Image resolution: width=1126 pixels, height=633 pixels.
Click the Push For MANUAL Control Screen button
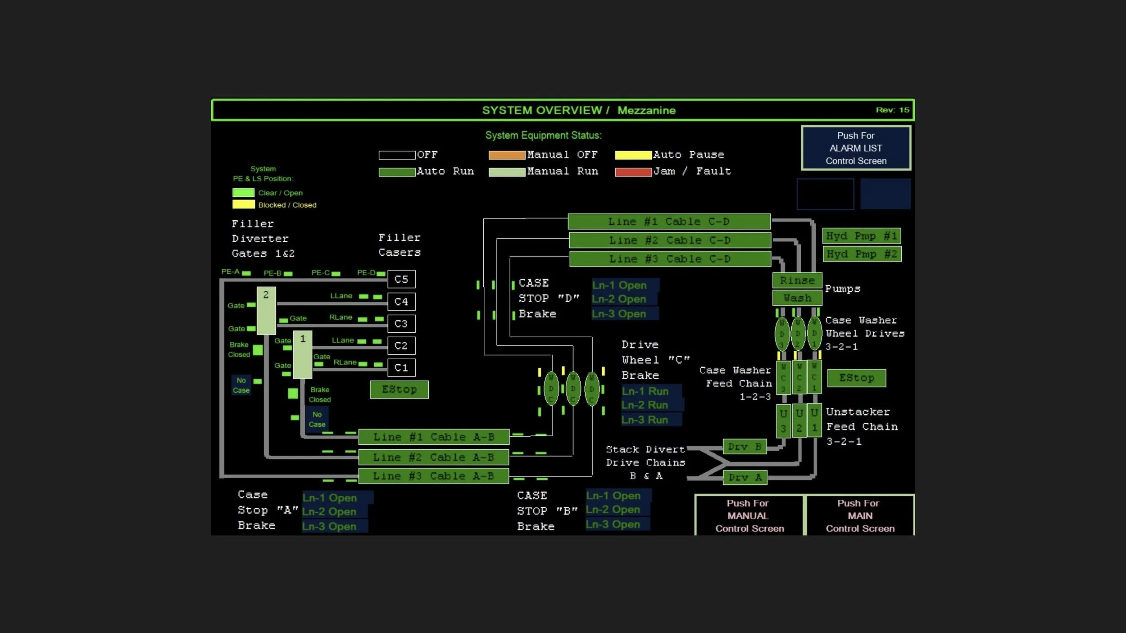(x=749, y=515)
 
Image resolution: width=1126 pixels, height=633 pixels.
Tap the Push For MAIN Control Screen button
(x=860, y=515)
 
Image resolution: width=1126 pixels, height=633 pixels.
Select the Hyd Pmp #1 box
(x=861, y=236)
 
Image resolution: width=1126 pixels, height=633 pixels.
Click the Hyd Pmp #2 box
(x=861, y=254)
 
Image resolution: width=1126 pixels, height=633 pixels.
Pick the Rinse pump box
(x=797, y=280)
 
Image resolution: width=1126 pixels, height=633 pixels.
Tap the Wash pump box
(x=797, y=298)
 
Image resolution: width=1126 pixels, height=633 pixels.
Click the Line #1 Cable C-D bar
(x=669, y=222)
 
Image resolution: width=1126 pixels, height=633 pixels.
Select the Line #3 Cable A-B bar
(x=433, y=476)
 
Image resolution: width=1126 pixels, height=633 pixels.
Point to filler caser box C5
(x=401, y=279)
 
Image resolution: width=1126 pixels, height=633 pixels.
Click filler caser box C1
(x=401, y=368)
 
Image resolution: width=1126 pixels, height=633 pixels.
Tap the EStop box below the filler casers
(x=399, y=389)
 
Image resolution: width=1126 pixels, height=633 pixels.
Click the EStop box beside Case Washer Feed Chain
(x=856, y=378)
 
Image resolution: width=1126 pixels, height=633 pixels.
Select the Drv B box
(x=744, y=447)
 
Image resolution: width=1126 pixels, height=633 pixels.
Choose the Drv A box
(x=745, y=477)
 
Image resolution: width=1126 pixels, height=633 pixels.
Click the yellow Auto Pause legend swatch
(x=633, y=155)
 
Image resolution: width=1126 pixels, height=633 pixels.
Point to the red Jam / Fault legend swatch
(x=633, y=172)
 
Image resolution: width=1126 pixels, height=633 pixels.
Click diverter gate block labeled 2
(x=266, y=311)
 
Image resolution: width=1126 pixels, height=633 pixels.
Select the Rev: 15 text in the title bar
(x=892, y=110)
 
